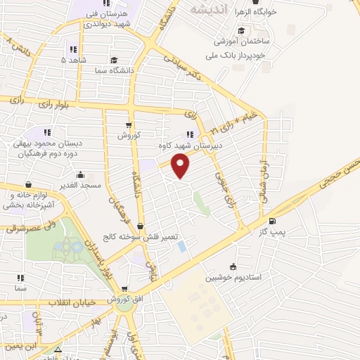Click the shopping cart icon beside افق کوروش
(x=124, y=288)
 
